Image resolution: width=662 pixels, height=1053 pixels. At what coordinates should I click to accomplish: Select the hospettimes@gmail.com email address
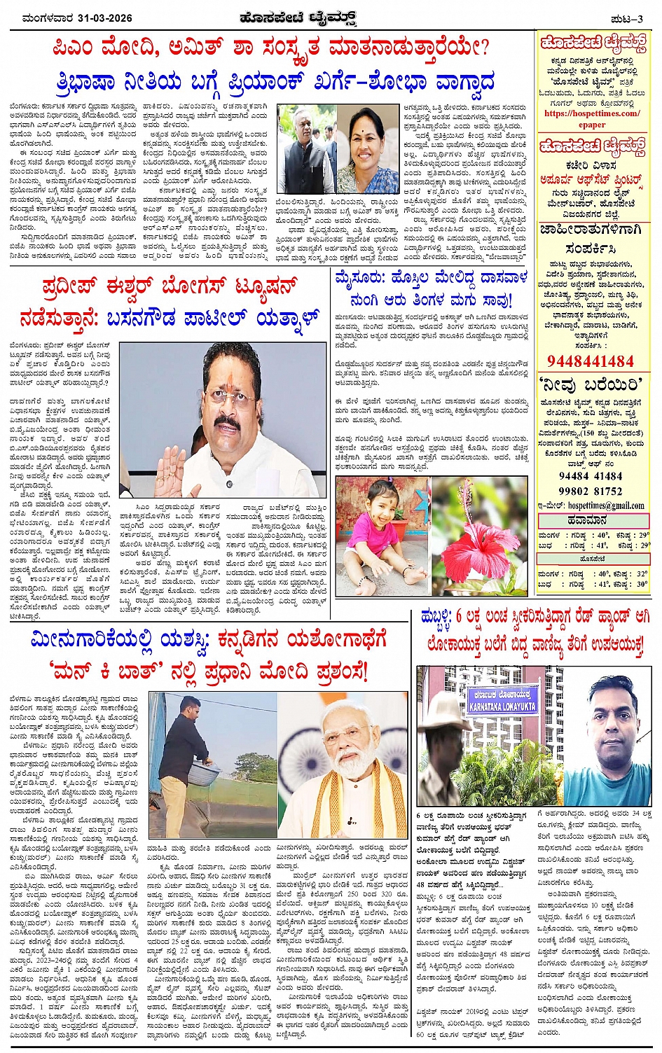[605, 505]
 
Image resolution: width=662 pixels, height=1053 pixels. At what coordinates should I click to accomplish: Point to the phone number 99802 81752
[591, 491]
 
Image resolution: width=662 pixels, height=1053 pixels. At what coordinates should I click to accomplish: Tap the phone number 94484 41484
[590, 476]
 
